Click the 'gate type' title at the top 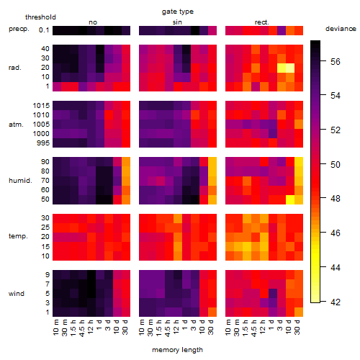click(178, 12)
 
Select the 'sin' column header click(177, 22)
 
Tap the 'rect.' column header click(261, 22)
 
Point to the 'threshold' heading click(40, 17)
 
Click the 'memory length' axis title click(177, 350)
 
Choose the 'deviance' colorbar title click(341, 29)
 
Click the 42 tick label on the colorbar click(336, 302)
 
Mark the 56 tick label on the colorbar click(336, 62)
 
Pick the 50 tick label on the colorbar click(336, 165)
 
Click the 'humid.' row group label click(20, 181)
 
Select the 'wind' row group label click(17, 294)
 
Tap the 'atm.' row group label click(16, 125)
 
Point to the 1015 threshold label click(41, 106)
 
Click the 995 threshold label click(43, 143)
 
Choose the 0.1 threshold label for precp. click(44, 30)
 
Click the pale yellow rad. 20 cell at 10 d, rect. click(290, 68)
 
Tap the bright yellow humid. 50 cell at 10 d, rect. click(290, 199)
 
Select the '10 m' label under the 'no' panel click(56, 327)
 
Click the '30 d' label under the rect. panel click(297, 327)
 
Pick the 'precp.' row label click(19, 29)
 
